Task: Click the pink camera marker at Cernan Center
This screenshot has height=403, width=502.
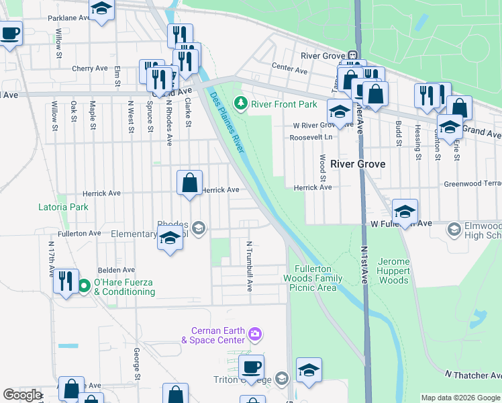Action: tap(254, 333)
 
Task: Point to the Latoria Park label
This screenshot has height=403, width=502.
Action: tap(63, 207)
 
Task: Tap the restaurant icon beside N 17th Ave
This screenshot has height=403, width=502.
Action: tap(66, 281)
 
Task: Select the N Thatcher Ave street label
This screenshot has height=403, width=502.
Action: tap(473, 374)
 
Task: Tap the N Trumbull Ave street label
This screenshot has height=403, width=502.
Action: tap(249, 266)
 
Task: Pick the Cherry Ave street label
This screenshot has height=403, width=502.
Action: tap(90, 68)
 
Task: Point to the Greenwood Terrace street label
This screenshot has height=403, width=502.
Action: tap(472, 183)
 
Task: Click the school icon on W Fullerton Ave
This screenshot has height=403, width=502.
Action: tap(405, 212)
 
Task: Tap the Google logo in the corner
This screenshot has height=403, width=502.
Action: tap(21, 395)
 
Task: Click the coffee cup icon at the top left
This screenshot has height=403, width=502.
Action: tap(9, 33)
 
